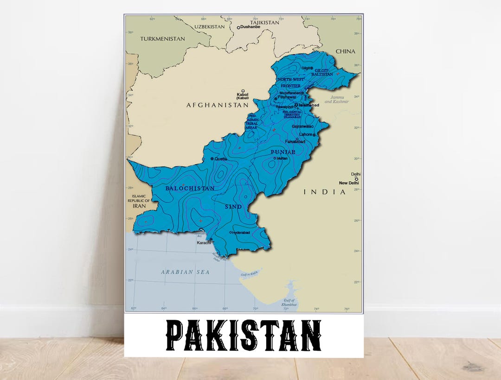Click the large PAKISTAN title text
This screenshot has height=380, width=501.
(x=244, y=335)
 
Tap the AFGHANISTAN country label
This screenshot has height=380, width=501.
(x=218, y=105)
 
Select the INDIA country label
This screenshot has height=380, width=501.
(x=325, y=192)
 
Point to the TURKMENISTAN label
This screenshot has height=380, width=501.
(x=162, y=39)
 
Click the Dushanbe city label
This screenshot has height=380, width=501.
(x=250, y=27)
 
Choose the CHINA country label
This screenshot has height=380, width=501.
(x=346, y=51)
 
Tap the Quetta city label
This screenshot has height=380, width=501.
(x=221, y=159)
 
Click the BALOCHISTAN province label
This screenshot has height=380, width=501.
(x=190, y=189)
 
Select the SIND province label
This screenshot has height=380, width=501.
(x=233, y=207)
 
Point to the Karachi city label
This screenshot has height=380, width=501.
(x=204, y=243)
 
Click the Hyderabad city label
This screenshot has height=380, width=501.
(x=241, y=232)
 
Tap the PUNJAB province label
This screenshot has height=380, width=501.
(x=283, y=152)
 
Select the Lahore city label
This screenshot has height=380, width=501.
(x=306, y=134)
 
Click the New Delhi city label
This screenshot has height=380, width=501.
(x=349, y=183)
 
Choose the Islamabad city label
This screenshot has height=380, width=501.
(x=309, y=105)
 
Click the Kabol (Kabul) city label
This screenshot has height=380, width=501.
(x=242, y=96)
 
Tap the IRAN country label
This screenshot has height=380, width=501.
(x=139, y=206)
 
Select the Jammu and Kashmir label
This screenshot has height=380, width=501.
(x=335, y=100)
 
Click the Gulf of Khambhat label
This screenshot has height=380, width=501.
(x=290, y=303)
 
